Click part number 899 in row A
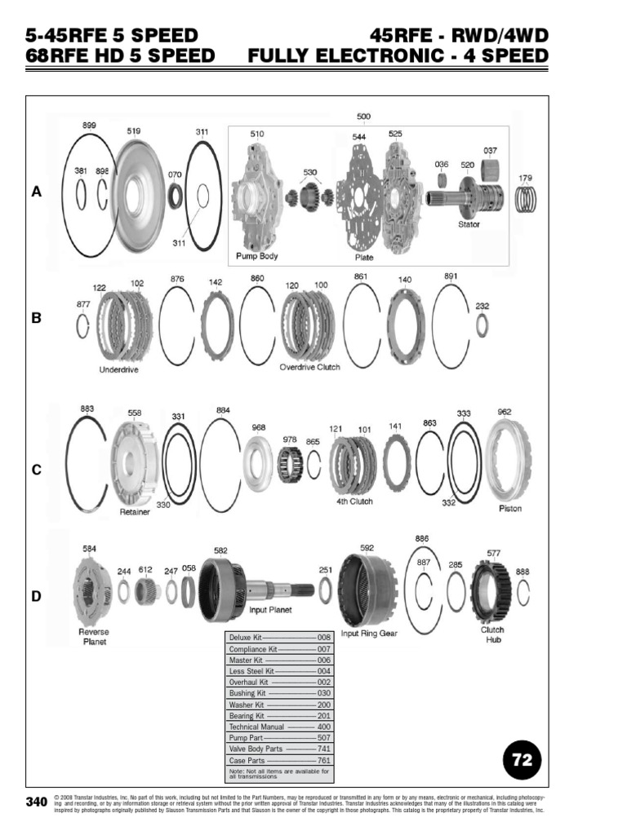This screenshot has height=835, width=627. (89, 125)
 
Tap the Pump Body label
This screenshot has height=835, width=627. (257, 256)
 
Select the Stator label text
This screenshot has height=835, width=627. (469, 224)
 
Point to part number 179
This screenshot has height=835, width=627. (526, 178)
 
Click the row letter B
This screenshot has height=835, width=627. (36, 319)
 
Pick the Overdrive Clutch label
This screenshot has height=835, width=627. (310, 367)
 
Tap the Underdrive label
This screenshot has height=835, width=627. (118, 369)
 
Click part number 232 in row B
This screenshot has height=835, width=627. (482, 306)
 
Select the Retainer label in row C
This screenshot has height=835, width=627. (135, 513)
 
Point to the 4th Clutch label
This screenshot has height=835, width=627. (354, 502)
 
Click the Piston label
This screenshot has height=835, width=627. (510, 509)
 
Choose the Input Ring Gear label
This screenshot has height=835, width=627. (369, 634)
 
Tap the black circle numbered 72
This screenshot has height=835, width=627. (522, 760)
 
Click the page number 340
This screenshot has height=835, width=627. (36, 802)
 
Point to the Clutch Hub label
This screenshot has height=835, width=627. (492, 634)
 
